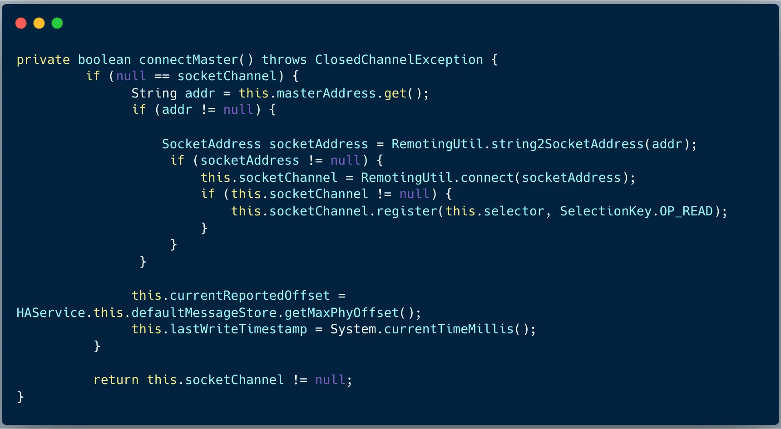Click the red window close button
[x=21, y=23]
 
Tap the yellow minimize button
[x=39, y=23]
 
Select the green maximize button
[x=57, y=23]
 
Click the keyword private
[x=43, y=60]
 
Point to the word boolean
[x=104, y=60]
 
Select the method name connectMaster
[x=188, y=60]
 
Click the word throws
[x=284, y=60]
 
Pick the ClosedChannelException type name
[x=399, y=60]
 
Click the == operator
[x=162, y=76]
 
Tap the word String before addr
[x=154, y=93]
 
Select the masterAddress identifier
[x=326, y=93]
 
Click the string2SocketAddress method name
[x=568, y=144]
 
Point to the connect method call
[x=487, y=178]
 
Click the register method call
[x=407, y=211]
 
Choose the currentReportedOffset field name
[x=250, y=296]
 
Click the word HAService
[x=51, y=313]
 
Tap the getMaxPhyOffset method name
[x=341, y=313]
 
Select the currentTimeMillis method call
[x=449, y=329]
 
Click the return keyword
[x=116, y=380]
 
